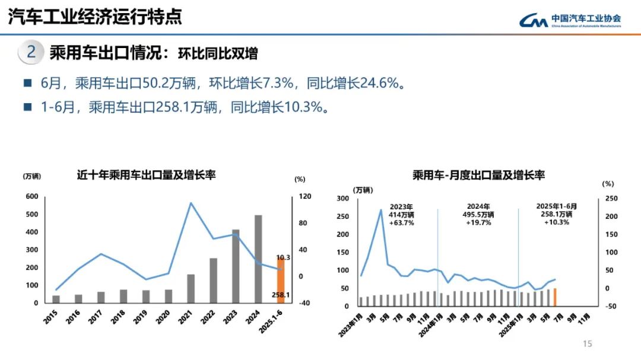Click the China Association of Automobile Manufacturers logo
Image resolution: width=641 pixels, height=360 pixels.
click(570, 20)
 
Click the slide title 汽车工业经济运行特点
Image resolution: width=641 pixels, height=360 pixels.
click(95, 17)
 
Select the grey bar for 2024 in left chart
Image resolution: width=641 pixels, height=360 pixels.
click(258, 259)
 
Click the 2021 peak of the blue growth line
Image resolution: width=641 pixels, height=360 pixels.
click(191, 203)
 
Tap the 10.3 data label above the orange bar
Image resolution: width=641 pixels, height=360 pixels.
click(283, 257)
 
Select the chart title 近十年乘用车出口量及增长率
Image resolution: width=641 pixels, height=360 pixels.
click(146, 175)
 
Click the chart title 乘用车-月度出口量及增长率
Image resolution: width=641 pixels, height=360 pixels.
click(478, 175)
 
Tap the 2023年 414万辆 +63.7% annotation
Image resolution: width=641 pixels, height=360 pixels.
click(401, 214)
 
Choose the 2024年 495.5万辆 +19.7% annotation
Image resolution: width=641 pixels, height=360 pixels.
click(478, 214)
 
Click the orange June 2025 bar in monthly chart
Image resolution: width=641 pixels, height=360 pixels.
click(554, 297)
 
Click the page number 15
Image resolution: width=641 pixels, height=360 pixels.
click(588, 344)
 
